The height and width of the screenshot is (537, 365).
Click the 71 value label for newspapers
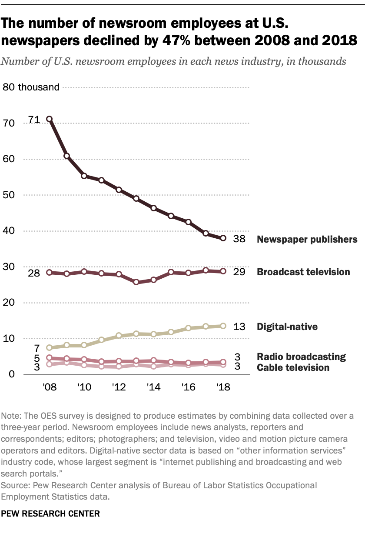point(34,119)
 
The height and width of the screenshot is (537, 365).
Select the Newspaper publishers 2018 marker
point(223,238)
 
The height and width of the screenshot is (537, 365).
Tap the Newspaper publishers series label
point(307,239)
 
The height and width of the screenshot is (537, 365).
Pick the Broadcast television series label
point(303,272)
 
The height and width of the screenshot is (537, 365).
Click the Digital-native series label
point(287,327)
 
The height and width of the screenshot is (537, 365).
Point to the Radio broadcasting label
point(301,357)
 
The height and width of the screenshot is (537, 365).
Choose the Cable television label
point(293,368)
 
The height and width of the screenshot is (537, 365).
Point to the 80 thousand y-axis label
point(31,87)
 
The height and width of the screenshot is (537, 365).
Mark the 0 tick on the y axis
point(12,374)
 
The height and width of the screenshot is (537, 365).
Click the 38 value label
point(239,239)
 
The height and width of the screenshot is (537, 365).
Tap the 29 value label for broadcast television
point(239,272)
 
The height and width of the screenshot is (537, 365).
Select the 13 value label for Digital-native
point(239,327)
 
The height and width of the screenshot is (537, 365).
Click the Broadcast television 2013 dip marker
point(136,282)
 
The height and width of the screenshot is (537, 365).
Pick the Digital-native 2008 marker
point(50,347)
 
